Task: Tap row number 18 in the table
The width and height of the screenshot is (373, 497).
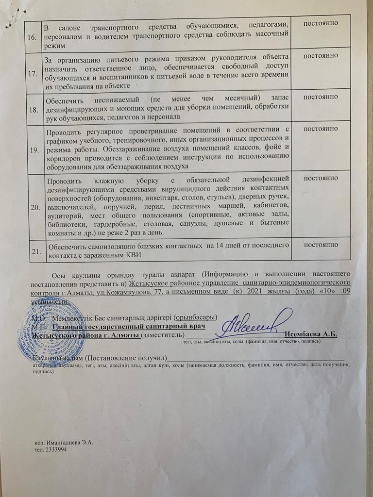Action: coord(34,110)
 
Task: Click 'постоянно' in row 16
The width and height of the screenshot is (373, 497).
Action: coord(321,24)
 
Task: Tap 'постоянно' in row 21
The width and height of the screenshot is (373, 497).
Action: coord(322,245)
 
